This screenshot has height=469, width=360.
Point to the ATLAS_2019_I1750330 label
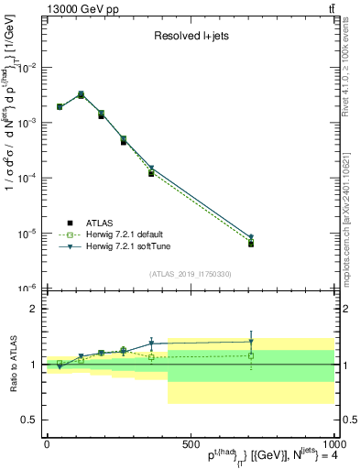click(191, 274)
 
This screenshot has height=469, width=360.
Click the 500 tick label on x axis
click(190, 444)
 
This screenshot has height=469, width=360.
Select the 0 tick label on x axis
click(46, 444)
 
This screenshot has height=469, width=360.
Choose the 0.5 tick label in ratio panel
click(27, 420)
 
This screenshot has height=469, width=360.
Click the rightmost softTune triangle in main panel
click(251, 237)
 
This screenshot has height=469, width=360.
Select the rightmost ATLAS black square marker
click(251, 244)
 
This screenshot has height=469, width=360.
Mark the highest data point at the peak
click(81, 94)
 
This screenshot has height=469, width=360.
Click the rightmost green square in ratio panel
click(251, 355)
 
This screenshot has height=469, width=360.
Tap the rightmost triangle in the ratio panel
click(251, 342)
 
